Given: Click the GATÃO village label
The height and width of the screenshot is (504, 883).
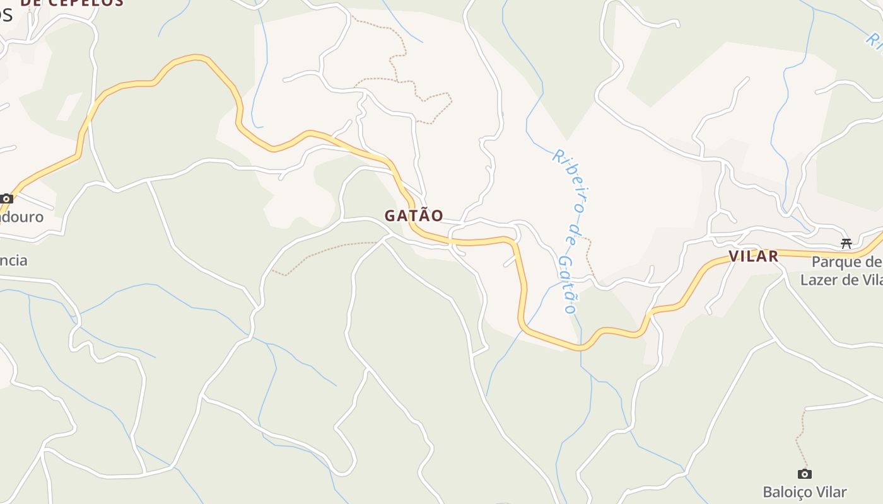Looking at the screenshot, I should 414,215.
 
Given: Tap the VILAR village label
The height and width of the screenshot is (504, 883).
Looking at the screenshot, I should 753,256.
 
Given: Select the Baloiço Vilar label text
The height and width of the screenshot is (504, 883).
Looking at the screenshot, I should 804,492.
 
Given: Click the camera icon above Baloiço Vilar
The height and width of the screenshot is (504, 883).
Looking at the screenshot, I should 804,474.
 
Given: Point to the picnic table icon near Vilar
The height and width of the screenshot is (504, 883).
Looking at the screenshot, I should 846,244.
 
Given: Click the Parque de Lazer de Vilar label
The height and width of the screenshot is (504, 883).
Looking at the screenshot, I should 842,271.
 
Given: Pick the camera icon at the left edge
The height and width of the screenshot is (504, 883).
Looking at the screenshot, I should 7,198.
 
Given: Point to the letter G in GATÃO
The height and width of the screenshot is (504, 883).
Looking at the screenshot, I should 390,215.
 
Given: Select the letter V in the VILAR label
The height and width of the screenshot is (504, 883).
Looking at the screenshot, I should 734,256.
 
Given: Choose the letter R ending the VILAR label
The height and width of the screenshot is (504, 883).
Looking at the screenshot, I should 773,256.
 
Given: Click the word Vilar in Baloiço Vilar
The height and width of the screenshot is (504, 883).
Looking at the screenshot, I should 830,492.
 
